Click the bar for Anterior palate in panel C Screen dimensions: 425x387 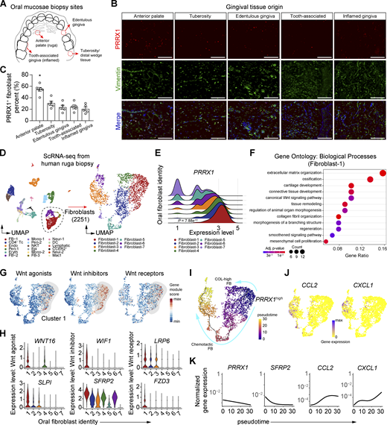(x=40, y=104)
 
